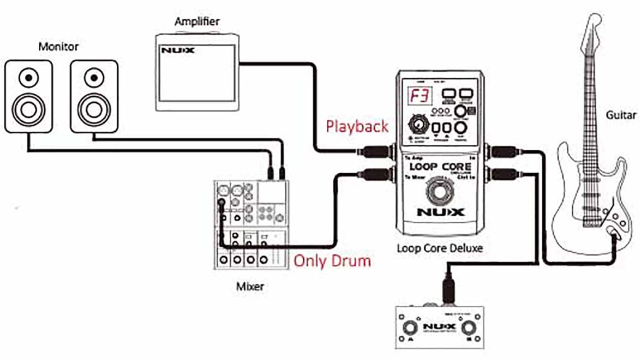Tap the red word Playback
coord(357,127)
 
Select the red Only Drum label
coord(332,260)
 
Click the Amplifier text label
coord(196,22)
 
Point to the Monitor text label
coord(59,47)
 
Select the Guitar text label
coord(620,115)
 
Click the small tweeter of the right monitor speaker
coord(93,78)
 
